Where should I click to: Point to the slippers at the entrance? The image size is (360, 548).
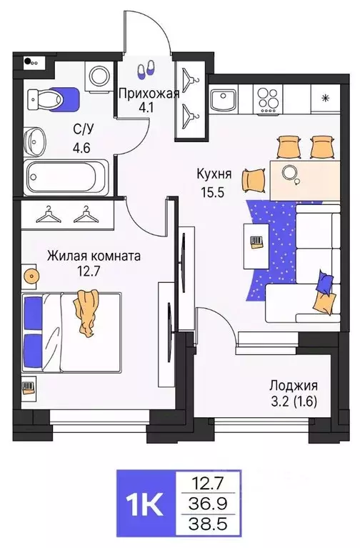click(146, 69)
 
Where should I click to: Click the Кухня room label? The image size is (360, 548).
click(215, 173)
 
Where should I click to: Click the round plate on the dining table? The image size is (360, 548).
click(290, 172)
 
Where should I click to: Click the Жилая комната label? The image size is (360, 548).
click(94, 255)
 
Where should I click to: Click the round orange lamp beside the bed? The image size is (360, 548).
click(29, 275)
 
